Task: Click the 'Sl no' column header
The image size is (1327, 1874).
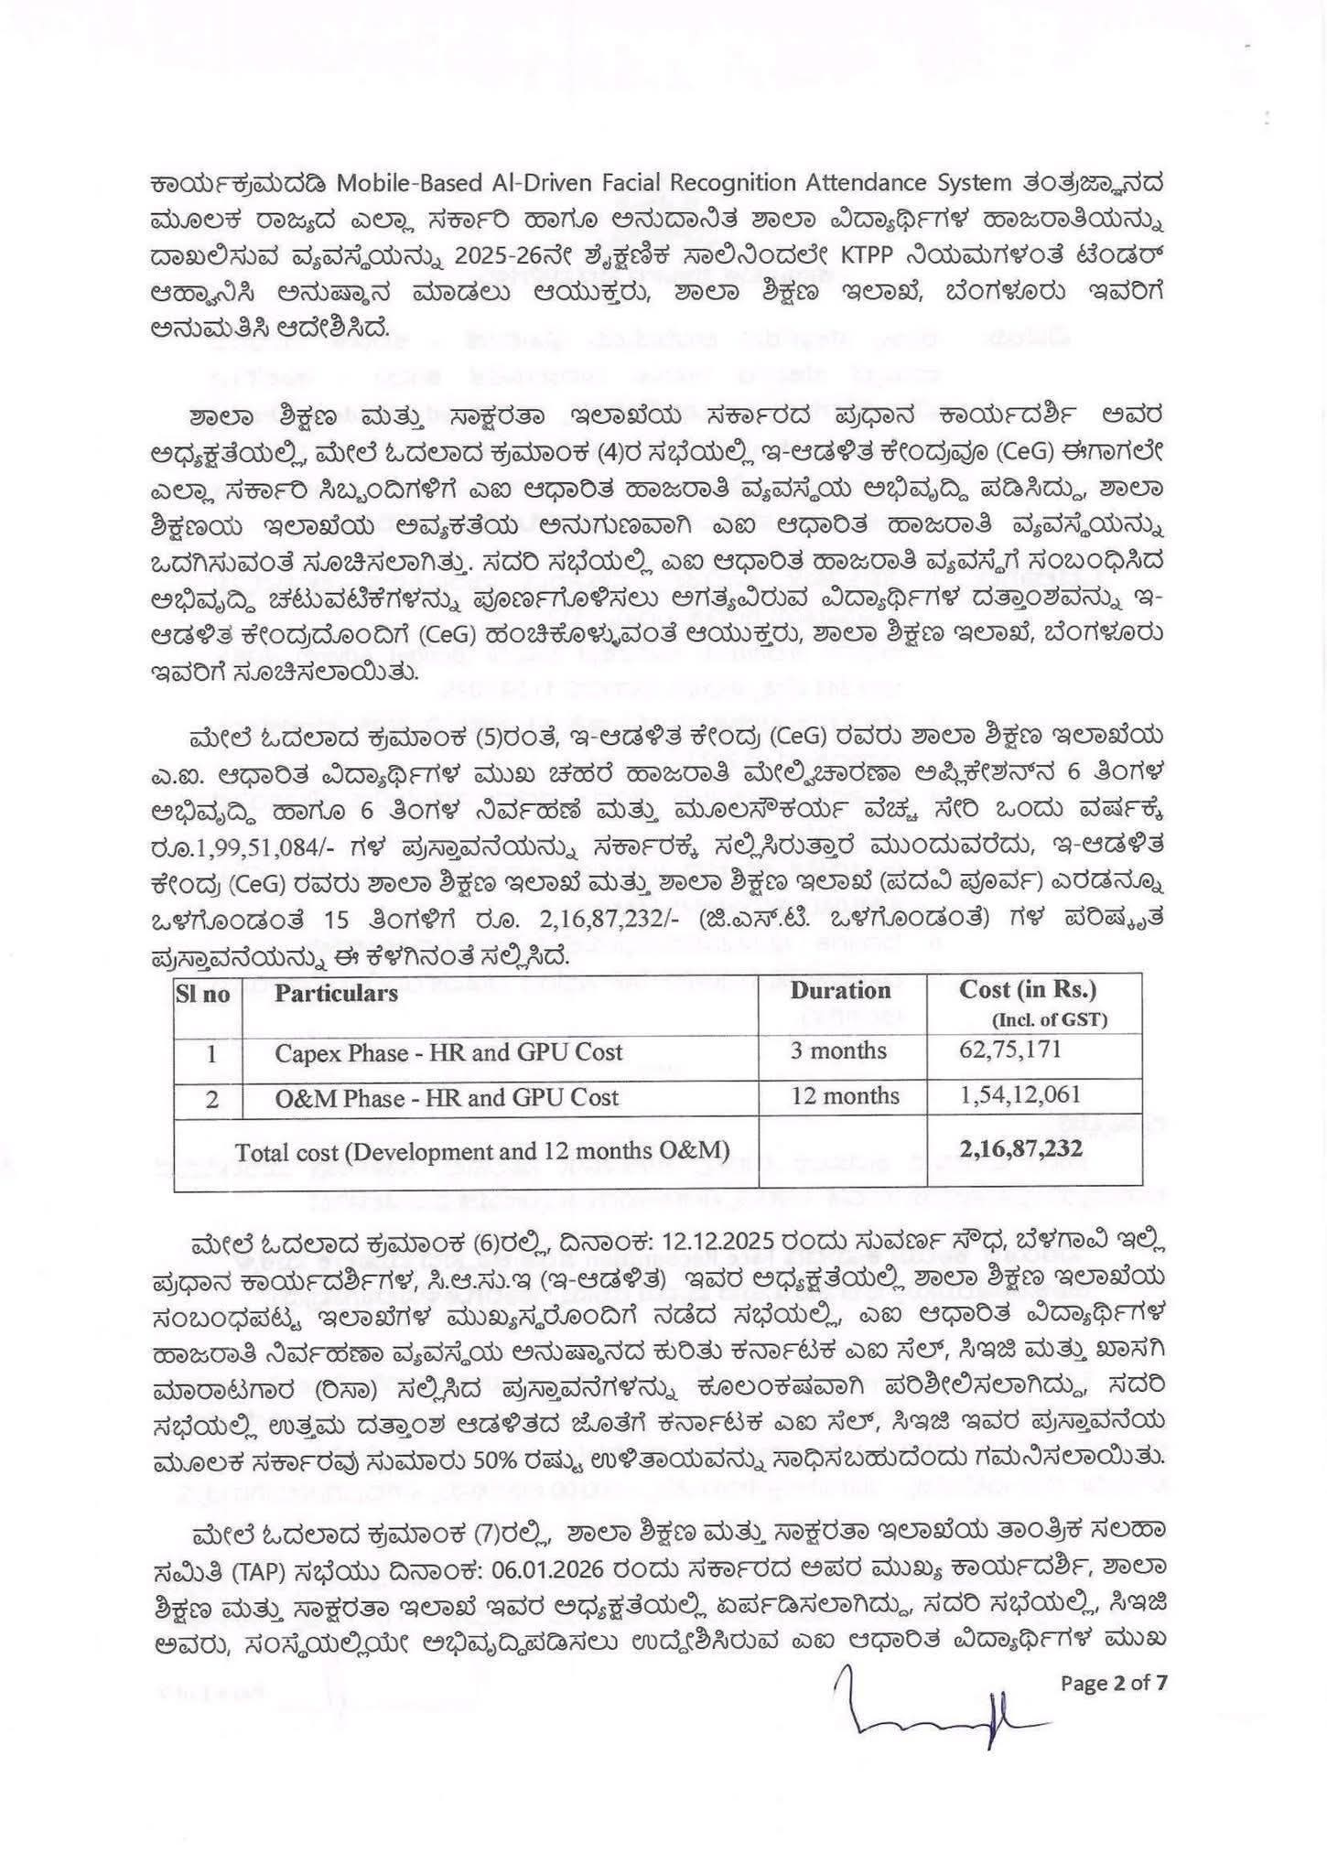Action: [203, 994]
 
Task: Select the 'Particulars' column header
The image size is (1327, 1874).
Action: [336, 994]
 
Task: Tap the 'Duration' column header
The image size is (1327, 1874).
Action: [840, 991]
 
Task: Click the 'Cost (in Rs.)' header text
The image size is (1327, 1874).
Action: [1027, 989]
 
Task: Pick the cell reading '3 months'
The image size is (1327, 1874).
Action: [838, 1050]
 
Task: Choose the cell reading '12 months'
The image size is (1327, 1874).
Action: [845, 1095]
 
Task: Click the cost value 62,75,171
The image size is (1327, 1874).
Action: [1010, 1049]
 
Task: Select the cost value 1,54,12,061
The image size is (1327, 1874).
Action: [1020, 1094]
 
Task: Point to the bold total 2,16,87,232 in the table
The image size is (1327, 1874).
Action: [1020, 1147]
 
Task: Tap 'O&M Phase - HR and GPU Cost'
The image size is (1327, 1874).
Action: [447, 1097]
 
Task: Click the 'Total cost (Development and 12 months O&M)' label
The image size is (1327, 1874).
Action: [482, 1151]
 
